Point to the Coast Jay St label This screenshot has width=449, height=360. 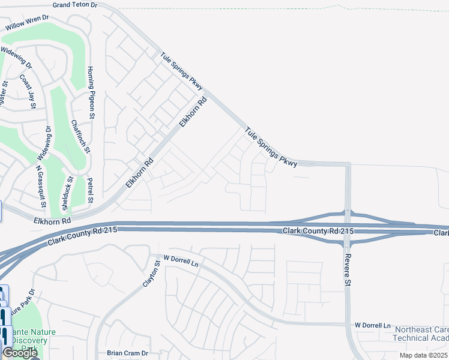27,91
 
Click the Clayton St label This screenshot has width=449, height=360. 152,273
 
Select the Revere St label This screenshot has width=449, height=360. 347,270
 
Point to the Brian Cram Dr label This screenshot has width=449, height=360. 127,353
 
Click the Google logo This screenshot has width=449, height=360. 20,353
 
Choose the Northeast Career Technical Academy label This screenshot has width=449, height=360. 421,334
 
